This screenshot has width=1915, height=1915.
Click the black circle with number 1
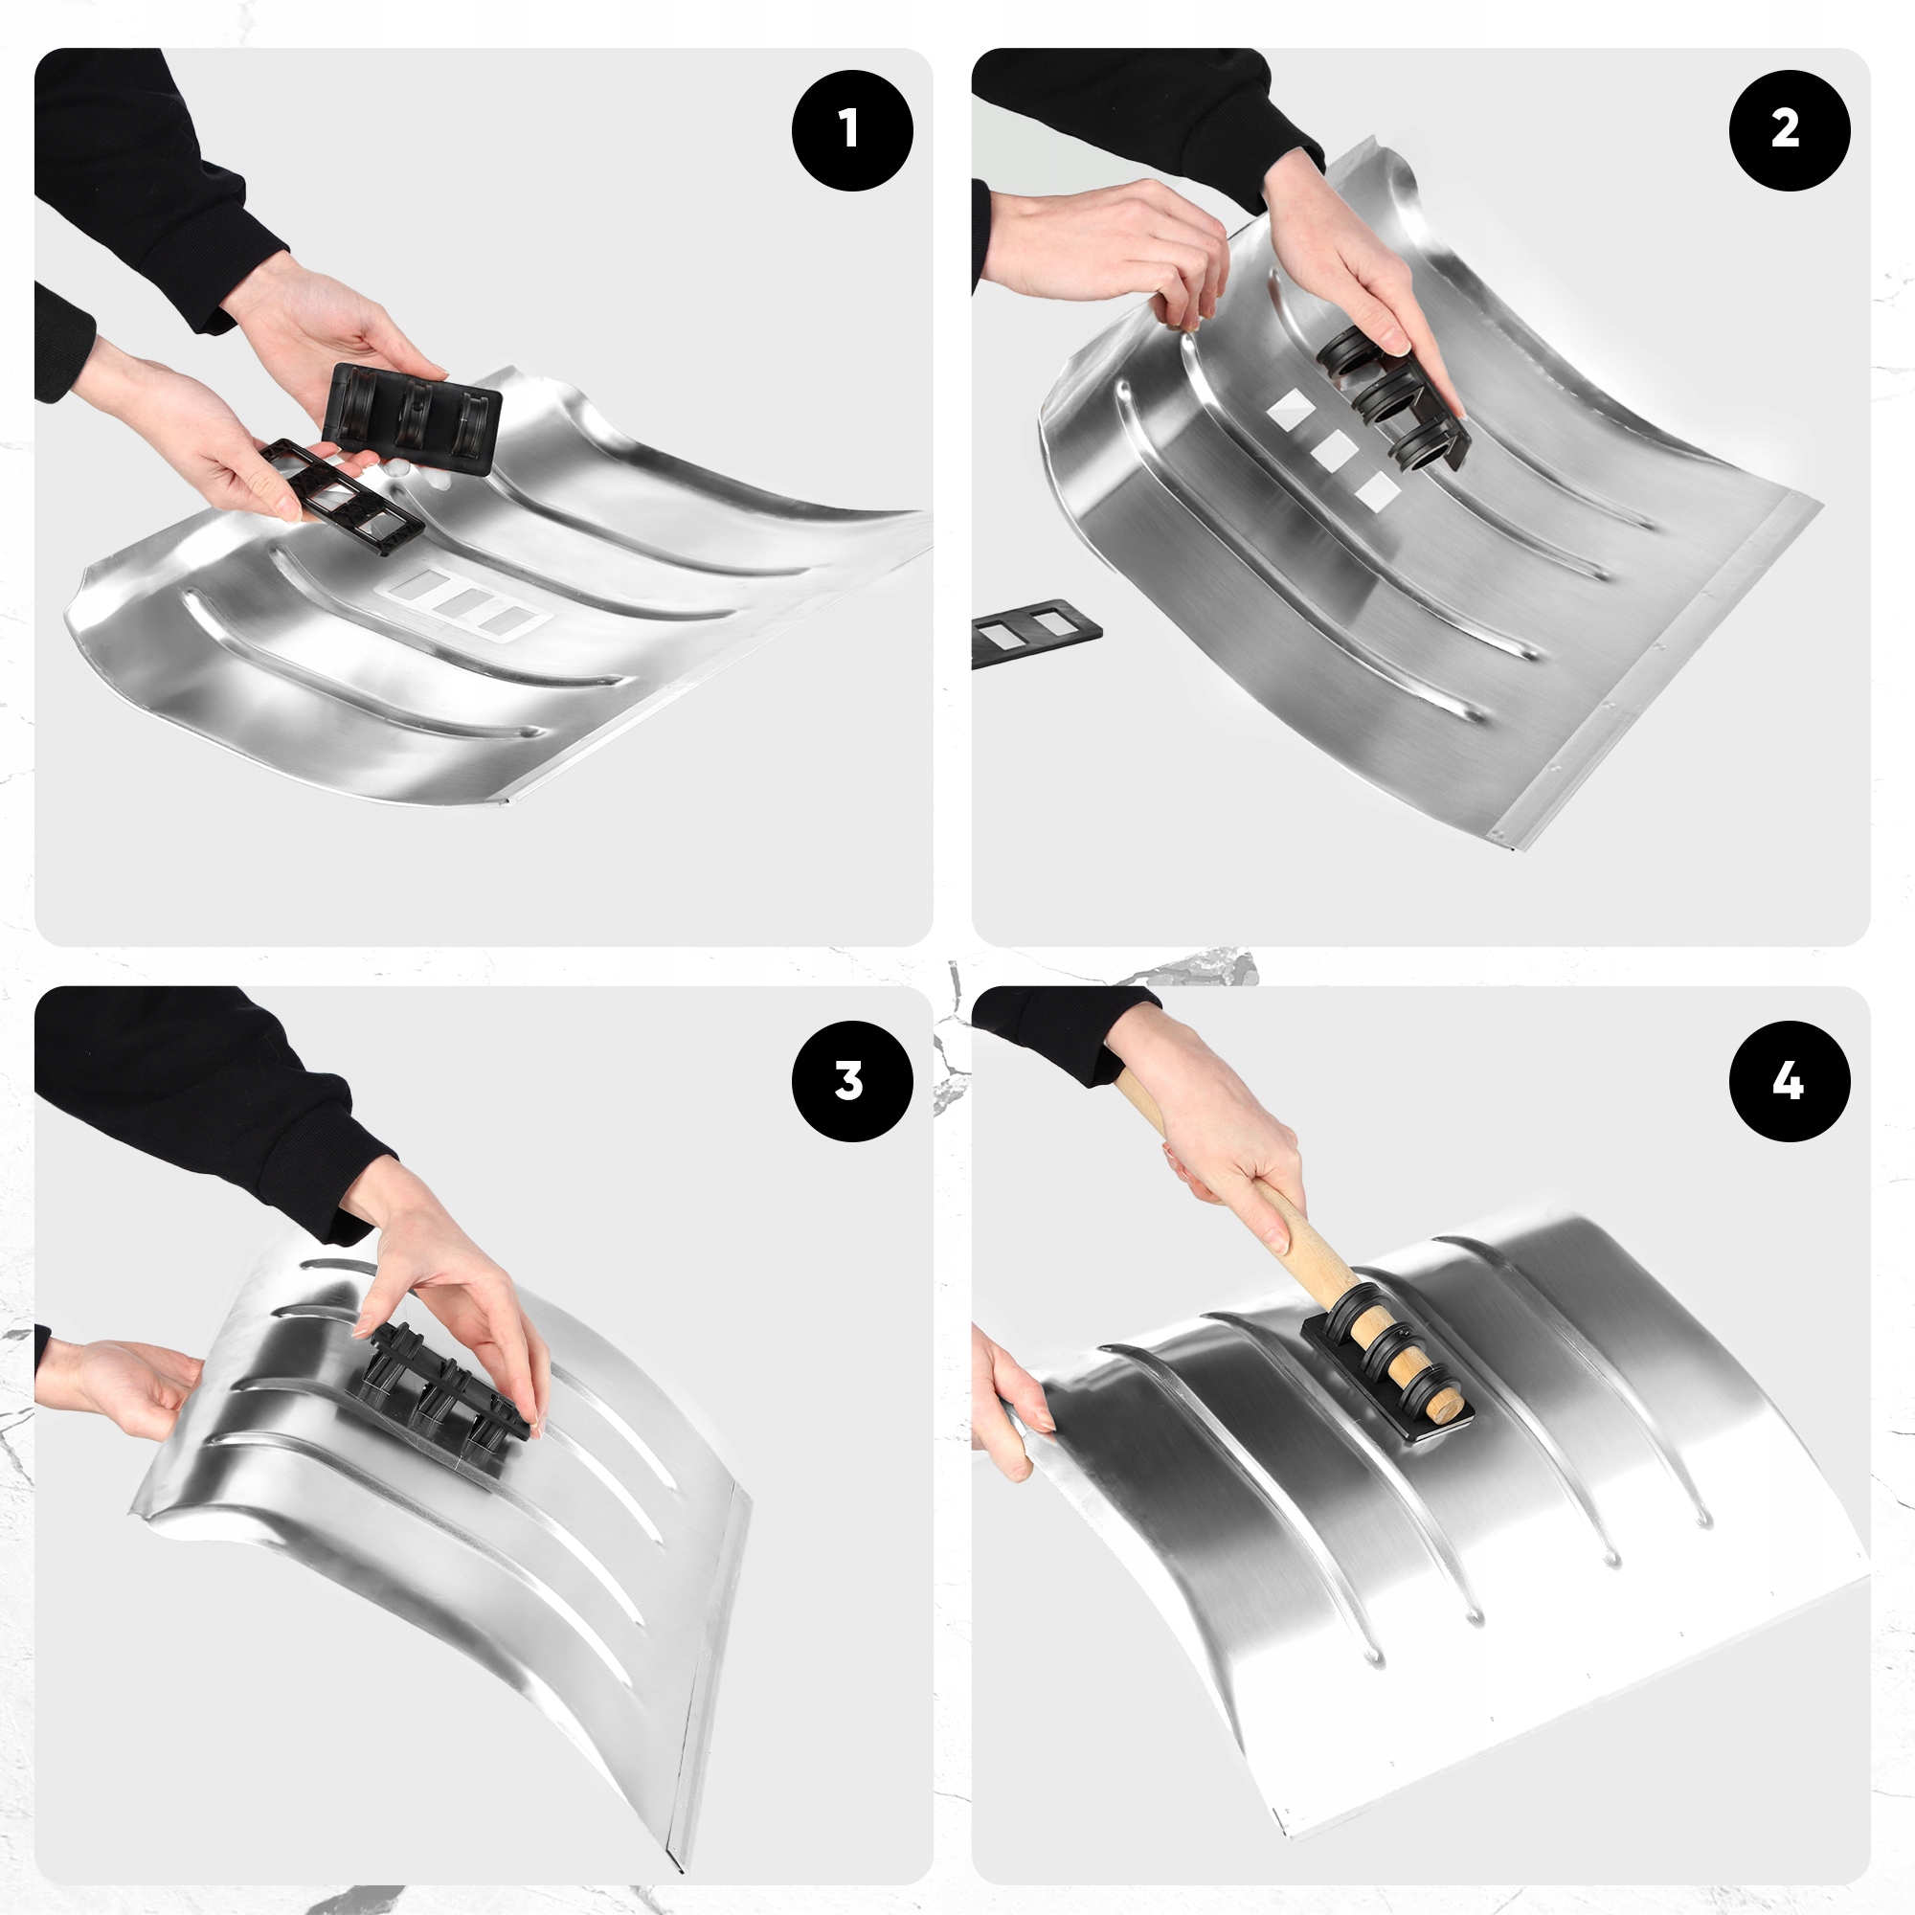click(851, 130)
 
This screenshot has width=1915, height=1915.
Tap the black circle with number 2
click(1790, 130)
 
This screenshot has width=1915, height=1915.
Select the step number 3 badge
click(851, 1080)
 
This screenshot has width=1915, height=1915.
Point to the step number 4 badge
click(1790, 1080)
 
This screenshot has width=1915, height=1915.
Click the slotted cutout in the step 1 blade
click(465, 603)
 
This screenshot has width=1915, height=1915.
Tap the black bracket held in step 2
click(1392, 397)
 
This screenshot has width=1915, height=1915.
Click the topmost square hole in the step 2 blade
click(1291, 410)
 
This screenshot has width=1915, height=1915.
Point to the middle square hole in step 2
click(1332, 451)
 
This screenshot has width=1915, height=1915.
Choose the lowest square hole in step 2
click(1376, 491)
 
